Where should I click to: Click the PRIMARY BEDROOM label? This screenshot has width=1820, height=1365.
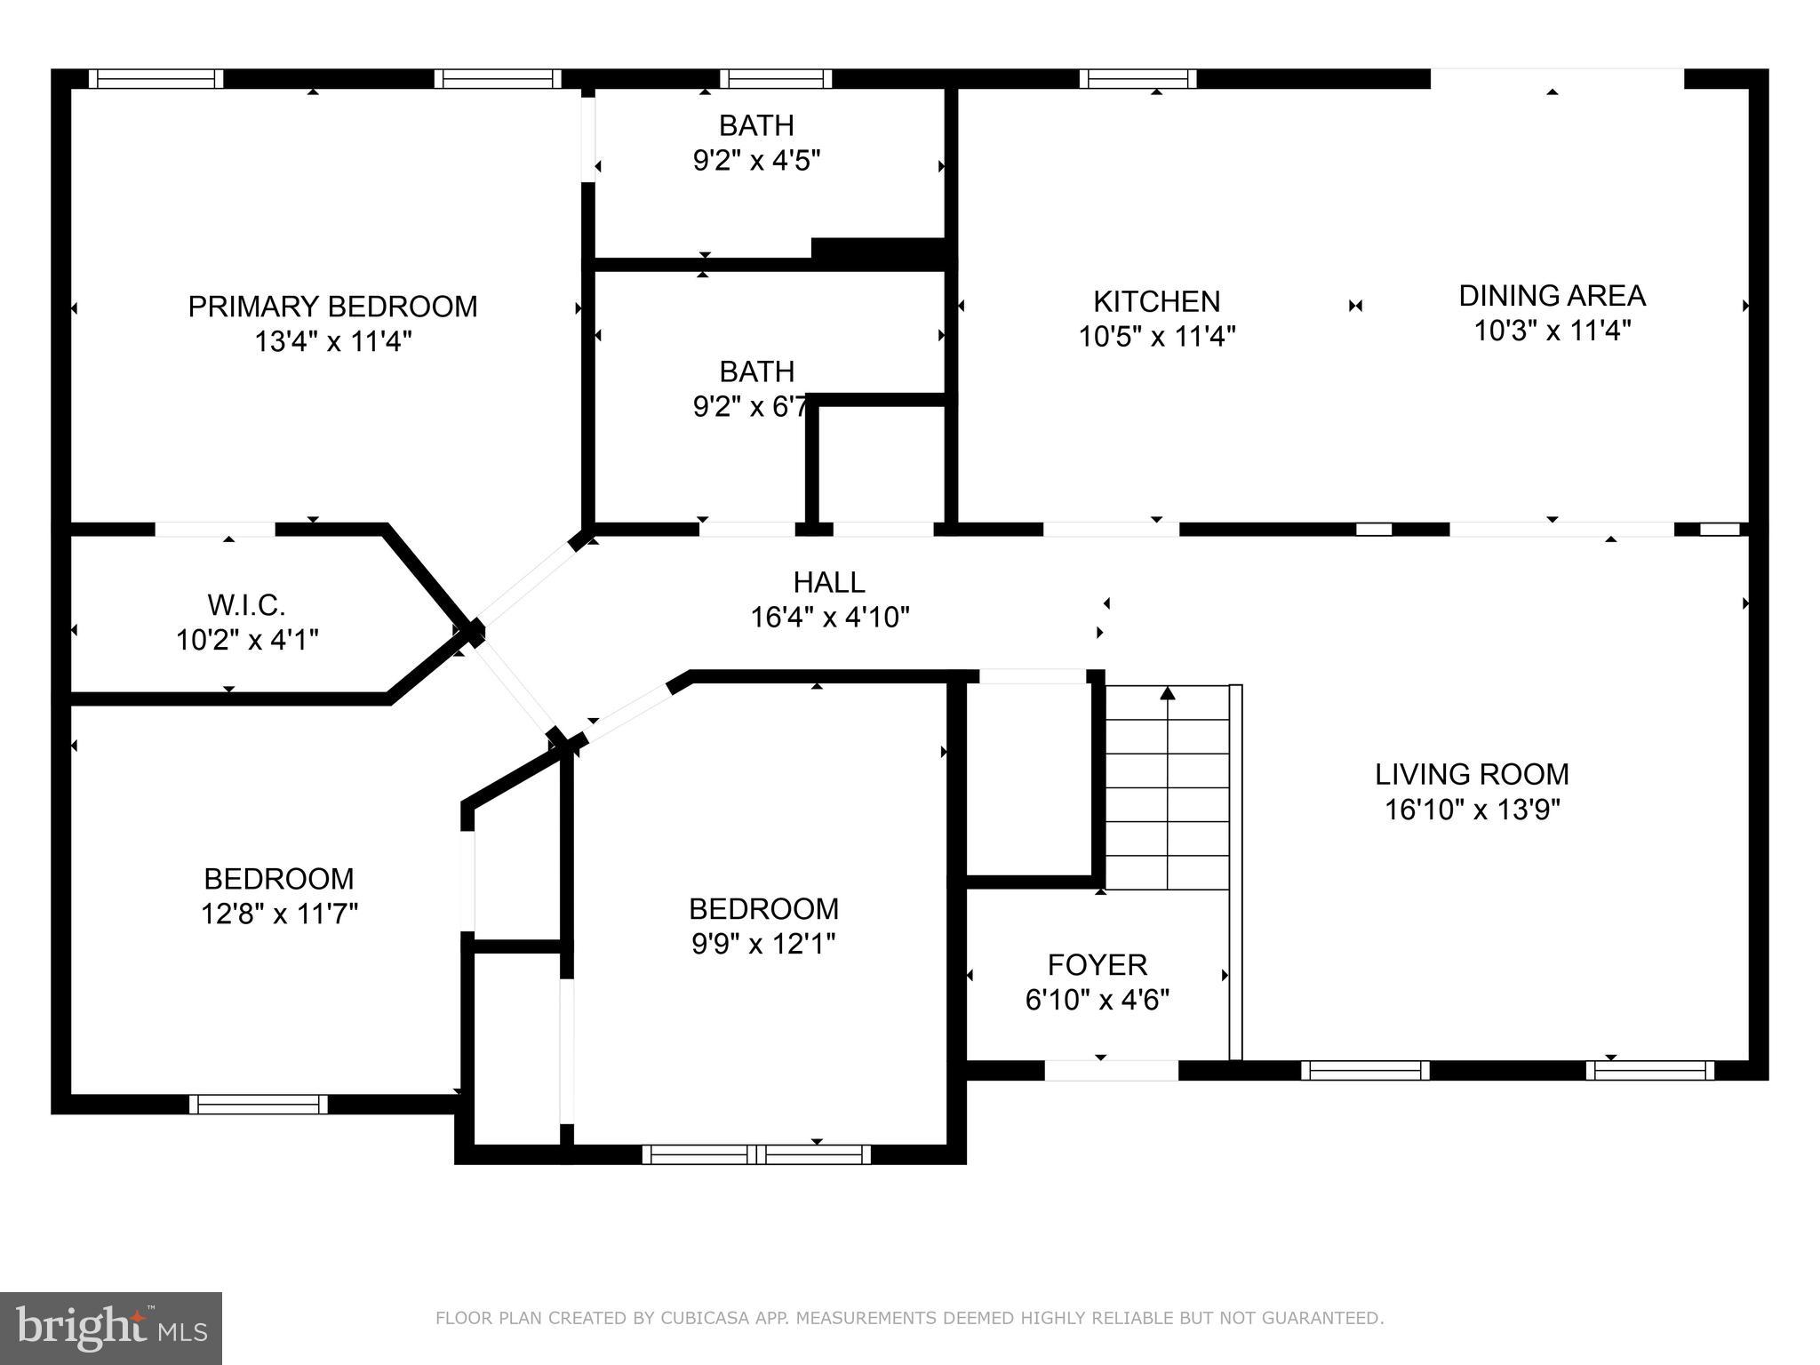(332, 307)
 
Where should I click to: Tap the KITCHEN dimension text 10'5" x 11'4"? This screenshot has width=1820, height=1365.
(1157, 337)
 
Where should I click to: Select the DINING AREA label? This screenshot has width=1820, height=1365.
(1552, 295)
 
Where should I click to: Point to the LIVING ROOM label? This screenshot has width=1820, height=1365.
(1472, 774)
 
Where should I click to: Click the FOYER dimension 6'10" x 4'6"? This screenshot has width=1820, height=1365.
(1097, 1000)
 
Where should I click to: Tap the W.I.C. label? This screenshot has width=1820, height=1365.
(246, 605)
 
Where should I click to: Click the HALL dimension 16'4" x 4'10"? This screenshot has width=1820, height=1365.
(830, 617)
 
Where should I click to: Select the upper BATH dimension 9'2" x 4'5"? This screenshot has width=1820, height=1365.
(756, 161)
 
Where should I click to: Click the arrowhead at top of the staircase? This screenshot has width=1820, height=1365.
(1168, 693)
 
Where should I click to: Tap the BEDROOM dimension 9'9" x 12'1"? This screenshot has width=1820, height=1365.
(763, 943)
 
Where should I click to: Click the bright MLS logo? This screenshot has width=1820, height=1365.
(110, 1328)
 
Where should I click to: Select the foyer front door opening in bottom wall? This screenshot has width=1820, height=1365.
(1111, 1071)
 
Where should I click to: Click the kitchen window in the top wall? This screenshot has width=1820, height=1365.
(1137, 79)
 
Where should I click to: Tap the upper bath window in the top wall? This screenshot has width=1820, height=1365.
(776, 79)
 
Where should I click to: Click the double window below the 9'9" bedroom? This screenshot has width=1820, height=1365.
(756, 1154)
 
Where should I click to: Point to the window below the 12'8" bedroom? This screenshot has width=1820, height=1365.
(258, 1104)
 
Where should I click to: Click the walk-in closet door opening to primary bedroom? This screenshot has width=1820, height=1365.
(215, 530)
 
